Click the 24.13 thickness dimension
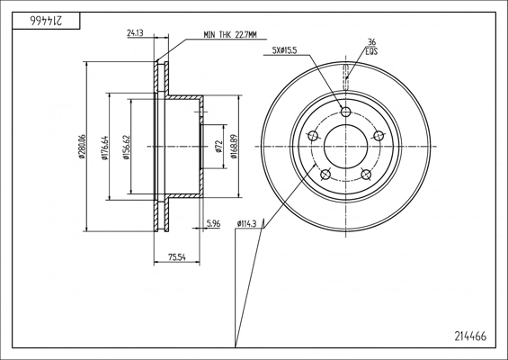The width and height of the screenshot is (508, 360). pos(136,33)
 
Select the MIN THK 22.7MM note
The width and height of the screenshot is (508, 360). pos(230,35)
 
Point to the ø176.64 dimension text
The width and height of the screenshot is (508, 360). pos(104,148)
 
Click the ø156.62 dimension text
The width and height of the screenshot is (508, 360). pos(127,148)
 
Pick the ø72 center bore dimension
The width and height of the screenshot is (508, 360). pos(218,147)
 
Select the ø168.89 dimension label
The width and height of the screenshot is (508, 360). pos(235,147)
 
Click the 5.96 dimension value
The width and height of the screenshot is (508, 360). pos(213,223)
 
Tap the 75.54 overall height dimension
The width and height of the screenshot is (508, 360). pos(177,257)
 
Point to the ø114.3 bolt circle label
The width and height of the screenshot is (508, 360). pos(247,223)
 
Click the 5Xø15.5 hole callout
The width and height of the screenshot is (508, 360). pos(285,50)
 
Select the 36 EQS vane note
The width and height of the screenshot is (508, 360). pos(371,47)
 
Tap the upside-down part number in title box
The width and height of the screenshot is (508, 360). pos(46,21)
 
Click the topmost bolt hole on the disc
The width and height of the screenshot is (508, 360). pos(346,112)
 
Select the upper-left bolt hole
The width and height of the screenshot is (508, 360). pos(313,136)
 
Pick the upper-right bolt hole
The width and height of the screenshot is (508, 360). pos(379,136)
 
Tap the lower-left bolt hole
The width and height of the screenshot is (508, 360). pos(325,175)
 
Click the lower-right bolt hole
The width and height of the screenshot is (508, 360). pos(366,175)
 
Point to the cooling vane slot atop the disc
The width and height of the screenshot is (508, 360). pos(345,76)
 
